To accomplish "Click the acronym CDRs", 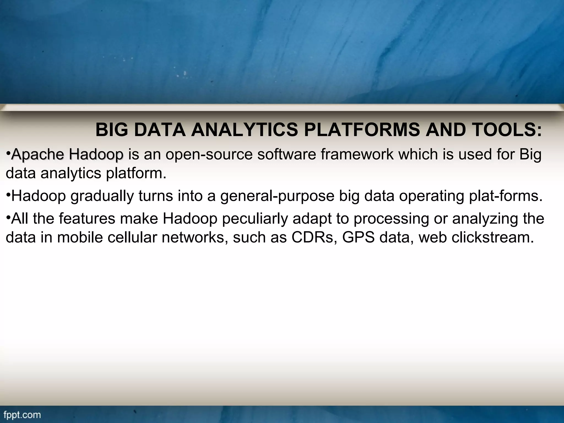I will click(x=312, y=237).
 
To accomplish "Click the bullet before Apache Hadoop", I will click(x=8, y=152).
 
